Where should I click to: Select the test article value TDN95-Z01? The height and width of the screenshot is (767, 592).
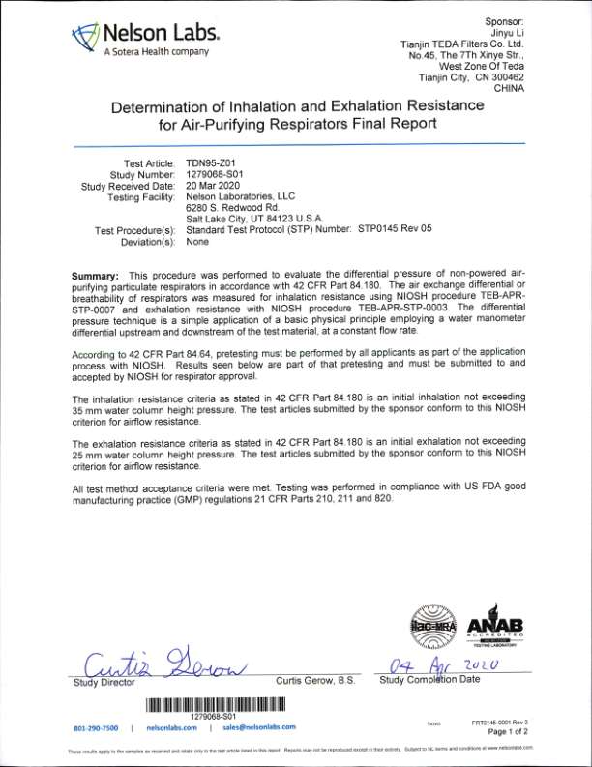212,162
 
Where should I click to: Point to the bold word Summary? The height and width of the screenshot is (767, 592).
98,277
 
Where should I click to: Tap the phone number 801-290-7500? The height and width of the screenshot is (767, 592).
96,727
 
